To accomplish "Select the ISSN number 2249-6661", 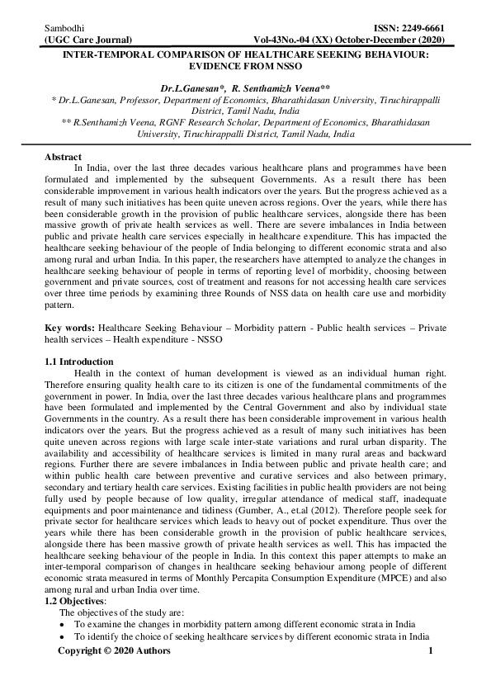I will (x=423, y=27).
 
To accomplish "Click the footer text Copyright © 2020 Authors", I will (x=114, y=651).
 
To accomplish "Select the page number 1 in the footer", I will (x=431, y=651).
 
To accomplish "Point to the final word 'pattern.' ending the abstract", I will (x=62, y=304).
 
